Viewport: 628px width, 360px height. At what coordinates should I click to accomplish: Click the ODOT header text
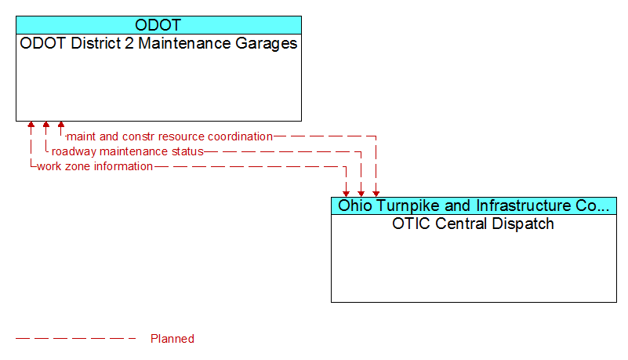[x=158, y=25]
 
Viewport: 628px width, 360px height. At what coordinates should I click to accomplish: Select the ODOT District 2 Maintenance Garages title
[x=158, y=44]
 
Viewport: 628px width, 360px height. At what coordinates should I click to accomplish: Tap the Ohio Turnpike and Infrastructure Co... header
[x=474, y=205]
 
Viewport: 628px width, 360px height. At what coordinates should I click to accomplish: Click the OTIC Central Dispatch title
[x=473, y=224]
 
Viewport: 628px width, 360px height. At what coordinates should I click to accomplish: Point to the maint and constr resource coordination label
[x=169, y=136]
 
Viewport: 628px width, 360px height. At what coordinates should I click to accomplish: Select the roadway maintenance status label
[x=127, y=151]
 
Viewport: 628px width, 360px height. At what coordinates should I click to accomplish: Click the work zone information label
[x=95, y=166]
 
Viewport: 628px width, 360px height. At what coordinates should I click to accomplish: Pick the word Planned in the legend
[x=172, y=339]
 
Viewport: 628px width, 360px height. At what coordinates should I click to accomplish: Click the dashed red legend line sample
[x=76, y=339]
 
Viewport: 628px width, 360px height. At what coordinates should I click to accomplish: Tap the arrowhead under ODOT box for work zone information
[x=31, y=125]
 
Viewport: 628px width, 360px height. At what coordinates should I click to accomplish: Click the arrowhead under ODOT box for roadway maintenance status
[x=46, y=125]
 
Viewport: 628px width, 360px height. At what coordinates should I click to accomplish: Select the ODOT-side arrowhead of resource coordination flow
[x=61, y=125]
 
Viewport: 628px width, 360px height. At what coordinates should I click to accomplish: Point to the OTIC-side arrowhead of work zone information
[x=346, y=194]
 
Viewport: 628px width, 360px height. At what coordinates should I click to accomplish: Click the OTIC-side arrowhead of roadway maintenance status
[x=361, y=194]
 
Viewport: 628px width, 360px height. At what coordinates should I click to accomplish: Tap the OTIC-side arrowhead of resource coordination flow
[x=376, y=194]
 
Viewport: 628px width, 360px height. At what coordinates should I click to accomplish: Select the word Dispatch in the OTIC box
[x=523, y=224]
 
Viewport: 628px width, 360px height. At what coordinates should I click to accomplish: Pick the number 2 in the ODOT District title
[x=129, y=43]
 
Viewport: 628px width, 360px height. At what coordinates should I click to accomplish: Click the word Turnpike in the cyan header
[x=407, y=205]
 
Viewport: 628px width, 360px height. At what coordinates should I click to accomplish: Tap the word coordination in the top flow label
[x=241, y=136]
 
